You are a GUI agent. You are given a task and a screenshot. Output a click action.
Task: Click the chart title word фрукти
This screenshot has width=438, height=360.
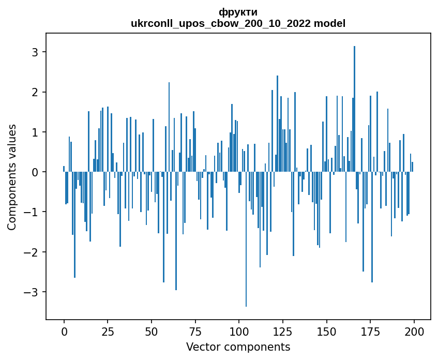238,12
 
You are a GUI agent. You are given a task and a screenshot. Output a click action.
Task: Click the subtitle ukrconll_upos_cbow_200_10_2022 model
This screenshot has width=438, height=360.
238,23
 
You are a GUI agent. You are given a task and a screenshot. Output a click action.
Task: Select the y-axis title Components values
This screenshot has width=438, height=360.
11,177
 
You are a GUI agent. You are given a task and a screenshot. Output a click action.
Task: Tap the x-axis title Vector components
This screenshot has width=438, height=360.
238,347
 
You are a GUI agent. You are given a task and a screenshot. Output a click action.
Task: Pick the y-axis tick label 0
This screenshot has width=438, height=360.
36,172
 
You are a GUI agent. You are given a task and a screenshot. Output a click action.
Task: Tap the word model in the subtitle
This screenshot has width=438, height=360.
333,23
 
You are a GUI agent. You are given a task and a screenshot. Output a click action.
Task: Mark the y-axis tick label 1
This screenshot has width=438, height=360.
36,132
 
